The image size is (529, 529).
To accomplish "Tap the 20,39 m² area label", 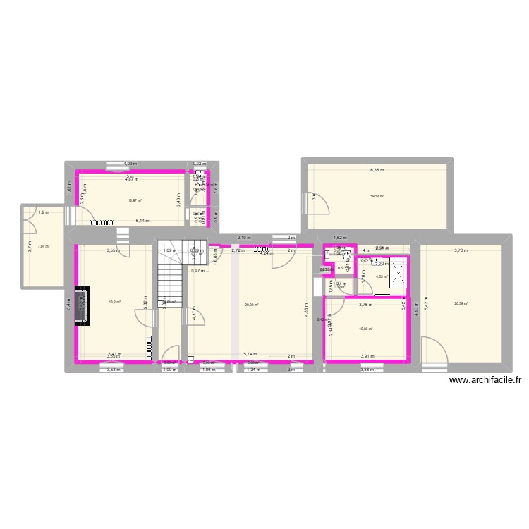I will point(461,303).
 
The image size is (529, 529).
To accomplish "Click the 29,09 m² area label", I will point(251,305).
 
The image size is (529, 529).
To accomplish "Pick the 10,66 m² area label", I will point(365,329).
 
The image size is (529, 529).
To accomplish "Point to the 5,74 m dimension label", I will point(250,355).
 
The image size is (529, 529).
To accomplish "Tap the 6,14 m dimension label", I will point(142,221).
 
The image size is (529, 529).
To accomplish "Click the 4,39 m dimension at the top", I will point(130,164).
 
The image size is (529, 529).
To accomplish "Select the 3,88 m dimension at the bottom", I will point(366,370).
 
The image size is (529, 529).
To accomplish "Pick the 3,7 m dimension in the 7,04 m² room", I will point(30,247).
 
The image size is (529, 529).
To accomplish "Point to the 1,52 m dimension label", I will point(339,238).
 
